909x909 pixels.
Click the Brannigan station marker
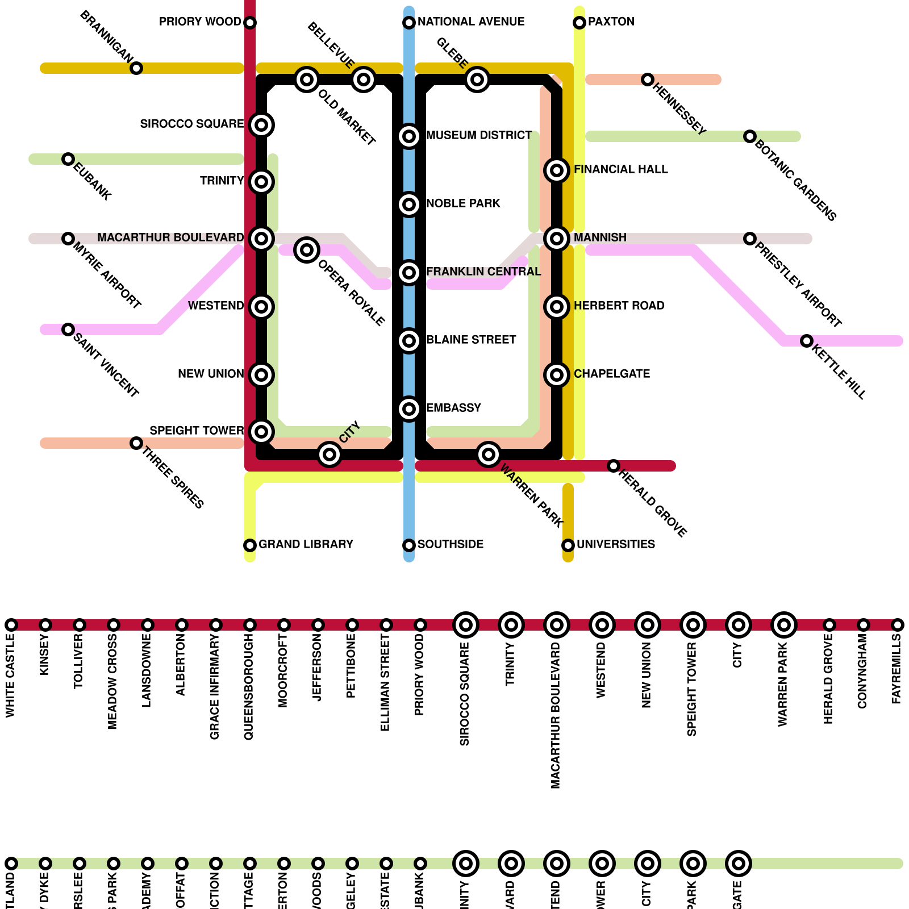click(136, 68)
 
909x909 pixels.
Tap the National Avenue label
click(470, 22)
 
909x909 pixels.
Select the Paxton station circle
click(579, 23)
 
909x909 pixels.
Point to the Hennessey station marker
click(648, 80)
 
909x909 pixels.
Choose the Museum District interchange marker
click(409, 136)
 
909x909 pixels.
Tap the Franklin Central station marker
click(409, 273)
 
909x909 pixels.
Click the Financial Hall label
click(620, 169)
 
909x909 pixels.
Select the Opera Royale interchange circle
click(307, 250)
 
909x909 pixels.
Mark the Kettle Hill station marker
click(807, 341)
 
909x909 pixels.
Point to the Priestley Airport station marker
click(750, 239)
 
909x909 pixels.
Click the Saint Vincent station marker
click(68, 330)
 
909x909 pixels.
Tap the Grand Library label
click(306, 544)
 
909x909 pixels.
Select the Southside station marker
click(409, 545)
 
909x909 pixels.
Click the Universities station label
click(616, 544)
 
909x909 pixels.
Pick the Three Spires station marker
click(136, 443)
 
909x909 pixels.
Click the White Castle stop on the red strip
click(11, 625)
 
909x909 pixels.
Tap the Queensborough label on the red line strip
click(249, 687)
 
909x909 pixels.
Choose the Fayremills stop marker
click(898, 625)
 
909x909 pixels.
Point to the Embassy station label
click(453, 408)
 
